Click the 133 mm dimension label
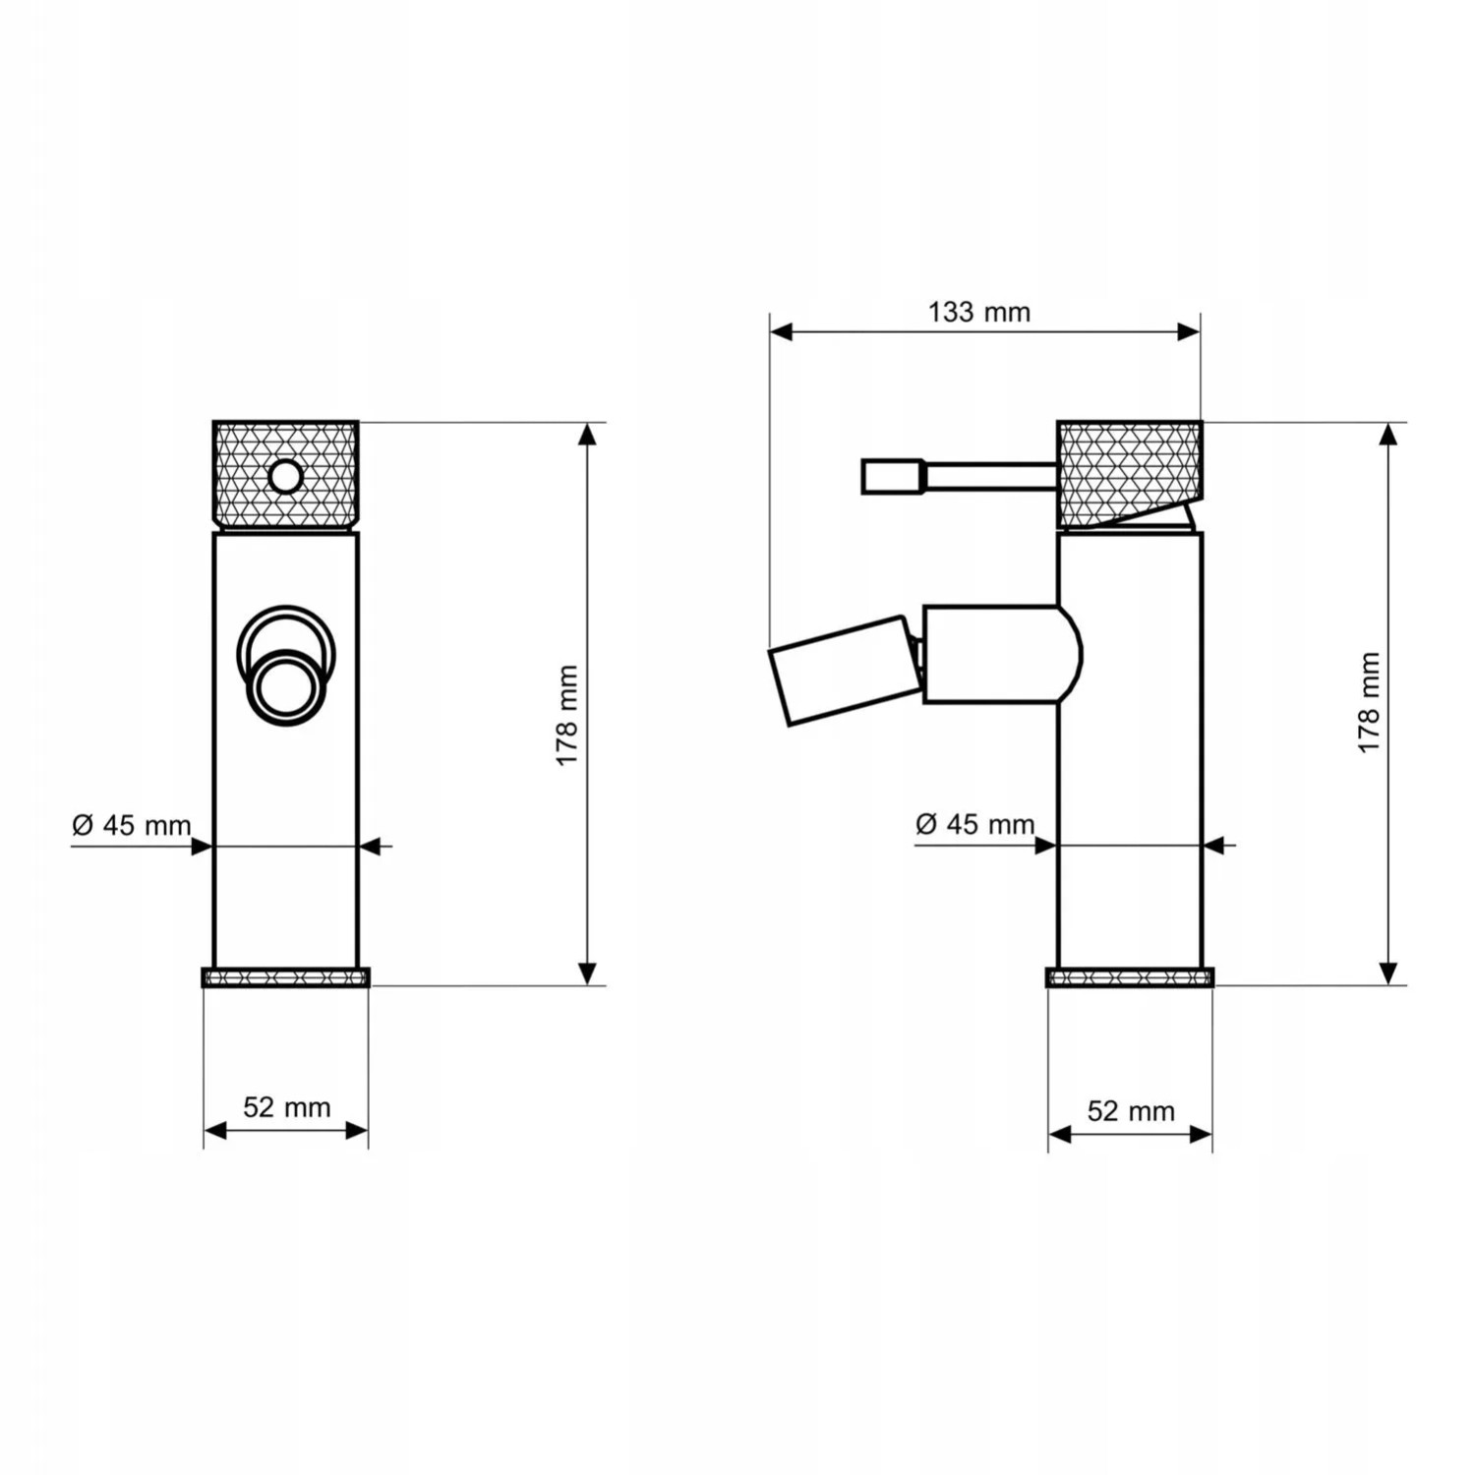(x=979, y=313)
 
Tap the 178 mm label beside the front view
(x=566, y=716)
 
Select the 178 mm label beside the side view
(x=1369, y=703)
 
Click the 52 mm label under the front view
(x=287, y=1107)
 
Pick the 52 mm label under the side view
(x=1131, y=1111)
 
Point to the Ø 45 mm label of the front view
(x=132, y=825)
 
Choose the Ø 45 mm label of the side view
(x=974, y=824)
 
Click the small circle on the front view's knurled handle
(x=286, y=477)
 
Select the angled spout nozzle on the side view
(x=846, y=670)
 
